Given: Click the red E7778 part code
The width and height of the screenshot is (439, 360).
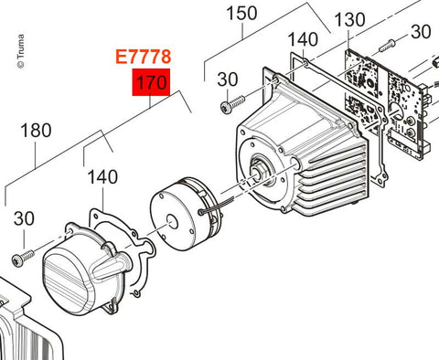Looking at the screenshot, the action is coord(144,57).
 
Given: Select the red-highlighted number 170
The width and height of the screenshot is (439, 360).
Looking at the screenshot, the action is coord(151,82).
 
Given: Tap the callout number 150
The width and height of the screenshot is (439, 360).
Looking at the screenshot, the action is coord(241,14).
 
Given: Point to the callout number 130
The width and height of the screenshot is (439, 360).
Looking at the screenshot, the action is coord(349,20).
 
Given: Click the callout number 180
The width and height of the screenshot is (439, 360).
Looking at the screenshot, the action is coord(36,131).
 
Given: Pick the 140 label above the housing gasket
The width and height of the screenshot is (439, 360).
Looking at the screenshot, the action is coord(303,39).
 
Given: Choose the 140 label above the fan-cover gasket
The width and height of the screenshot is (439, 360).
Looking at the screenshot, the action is coord(102,177).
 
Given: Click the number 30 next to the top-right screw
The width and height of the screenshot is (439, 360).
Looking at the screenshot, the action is coord(421,32).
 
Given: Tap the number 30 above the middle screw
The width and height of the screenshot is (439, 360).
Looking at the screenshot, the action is coord(228,79).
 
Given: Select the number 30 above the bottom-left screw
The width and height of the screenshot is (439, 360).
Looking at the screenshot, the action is coord(24,218).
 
